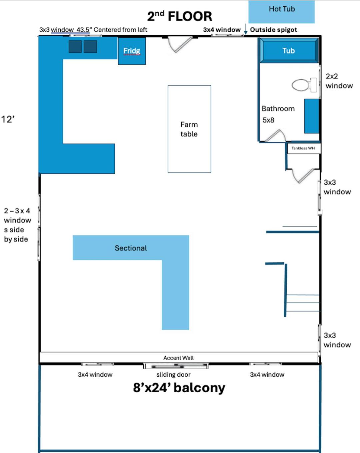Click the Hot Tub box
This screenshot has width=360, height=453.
tap(282, 12)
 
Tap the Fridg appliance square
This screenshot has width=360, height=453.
tap(132, 51)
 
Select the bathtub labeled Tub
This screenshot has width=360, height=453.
tap(289, 50)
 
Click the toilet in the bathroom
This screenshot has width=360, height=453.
tap(304, 85)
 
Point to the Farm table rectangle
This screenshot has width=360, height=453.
tap(189, 129)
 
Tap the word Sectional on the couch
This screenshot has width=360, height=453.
tap(131, 248)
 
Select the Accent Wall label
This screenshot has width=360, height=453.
tap(178, 358)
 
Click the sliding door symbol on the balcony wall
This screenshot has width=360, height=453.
tap(176, 366)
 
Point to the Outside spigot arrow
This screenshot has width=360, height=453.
tap(246, 29)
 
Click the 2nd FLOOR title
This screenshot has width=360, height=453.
tap(179, 16)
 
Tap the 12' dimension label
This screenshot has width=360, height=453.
tap(8, 119)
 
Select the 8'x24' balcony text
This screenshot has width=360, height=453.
tap(179, 388)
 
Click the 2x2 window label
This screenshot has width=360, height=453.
tap(339, 81)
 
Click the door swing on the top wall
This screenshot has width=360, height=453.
tap(180, 45)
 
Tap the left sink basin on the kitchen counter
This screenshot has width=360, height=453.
tap(75, 46)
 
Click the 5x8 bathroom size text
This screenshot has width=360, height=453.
tap(268, 120)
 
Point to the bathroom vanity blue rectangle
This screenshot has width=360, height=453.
tap(312, 116)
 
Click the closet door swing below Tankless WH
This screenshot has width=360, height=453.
tap(303, 176)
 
